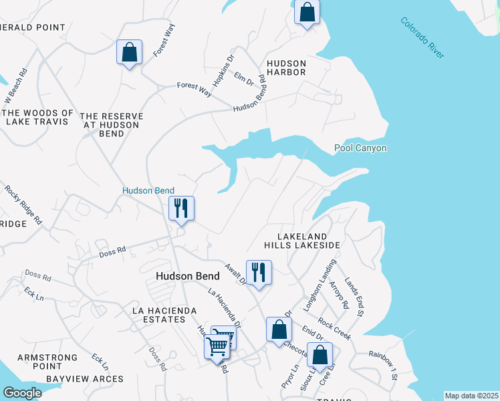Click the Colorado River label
pos(422,37)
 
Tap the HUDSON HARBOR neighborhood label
pos(286,67)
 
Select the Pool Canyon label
pos(360,148)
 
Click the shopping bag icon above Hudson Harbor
pos(307,13)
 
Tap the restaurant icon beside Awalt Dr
pos(259,273)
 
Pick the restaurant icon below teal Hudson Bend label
pos(181,209)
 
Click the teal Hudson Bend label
pos(148,190)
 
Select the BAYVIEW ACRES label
pos(85,379)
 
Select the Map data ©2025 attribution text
pos(471,396)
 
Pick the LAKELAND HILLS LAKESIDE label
pos(302,241)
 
